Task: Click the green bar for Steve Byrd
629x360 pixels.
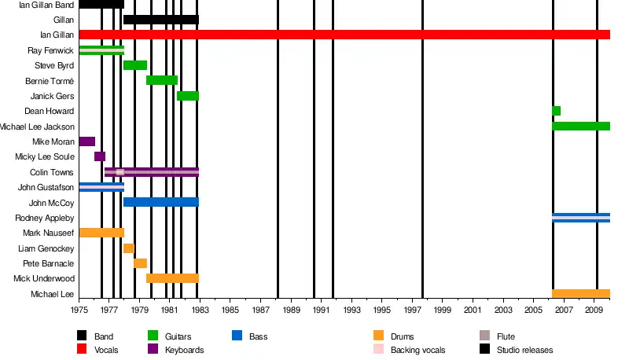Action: [135, 65]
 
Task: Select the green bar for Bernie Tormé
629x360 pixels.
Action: [162, 80]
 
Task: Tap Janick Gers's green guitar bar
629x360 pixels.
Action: [188, 96]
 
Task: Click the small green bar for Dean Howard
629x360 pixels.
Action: [557, 111]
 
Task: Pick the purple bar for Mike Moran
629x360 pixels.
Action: [87, 141]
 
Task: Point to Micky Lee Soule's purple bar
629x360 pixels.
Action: [100, 156]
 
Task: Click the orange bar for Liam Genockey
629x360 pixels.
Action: [129, 248]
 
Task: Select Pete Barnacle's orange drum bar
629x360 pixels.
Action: [141, 263]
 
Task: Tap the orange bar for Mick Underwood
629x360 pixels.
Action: [172, 278]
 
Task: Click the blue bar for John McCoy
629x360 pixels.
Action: [161, 202]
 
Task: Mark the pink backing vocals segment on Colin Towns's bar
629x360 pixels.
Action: [120, 171]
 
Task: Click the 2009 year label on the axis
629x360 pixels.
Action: [595, 311]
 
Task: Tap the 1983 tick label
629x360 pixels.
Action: [200, 311]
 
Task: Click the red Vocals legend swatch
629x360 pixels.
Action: [83, 350]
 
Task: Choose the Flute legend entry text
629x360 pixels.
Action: [506, 337]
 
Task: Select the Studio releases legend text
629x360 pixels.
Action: [525, 350]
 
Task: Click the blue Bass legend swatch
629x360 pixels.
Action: [237, 336]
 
